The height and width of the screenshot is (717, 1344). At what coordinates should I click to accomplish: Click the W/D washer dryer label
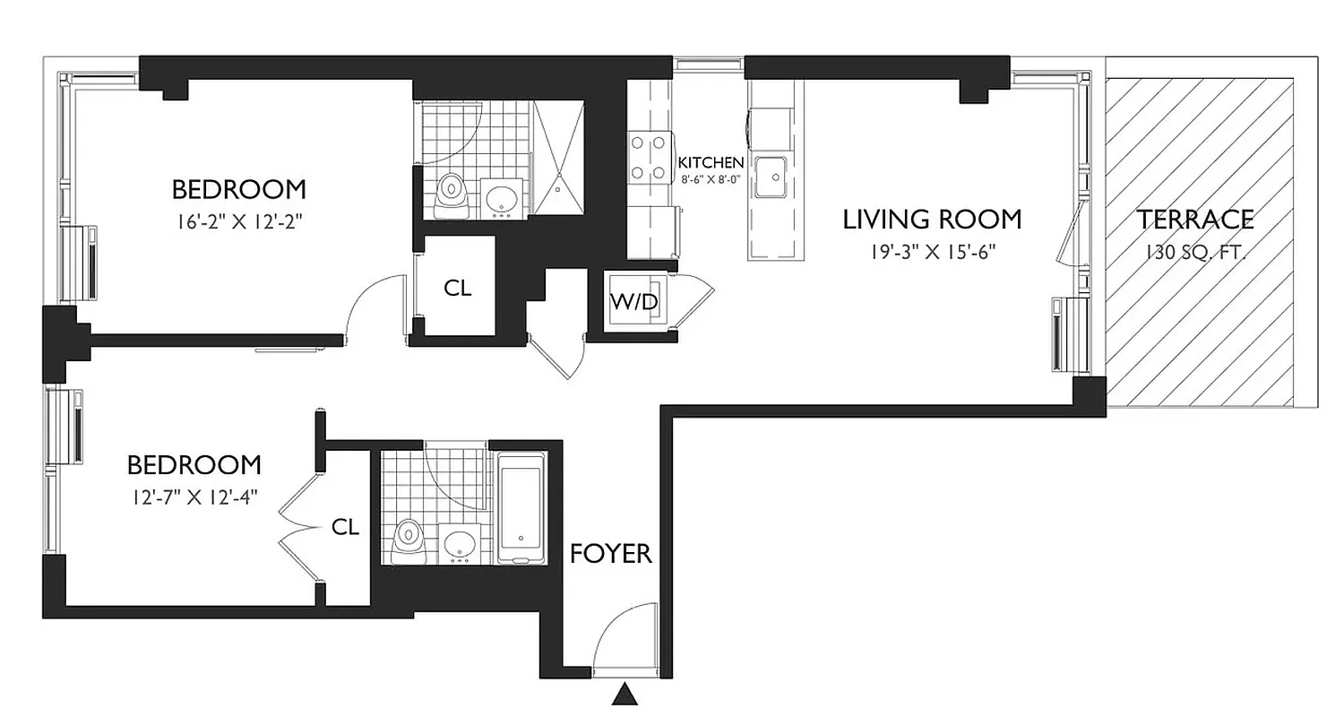click(x=634, y=302)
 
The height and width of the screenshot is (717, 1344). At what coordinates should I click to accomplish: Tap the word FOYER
click(x=611, y=554)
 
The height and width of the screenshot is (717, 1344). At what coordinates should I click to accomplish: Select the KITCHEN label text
click(x=711, y=162)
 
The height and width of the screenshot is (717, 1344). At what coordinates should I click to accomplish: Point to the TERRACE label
click(x=1195, y=220)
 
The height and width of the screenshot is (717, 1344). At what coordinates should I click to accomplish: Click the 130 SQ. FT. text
click(x=1195, y=253)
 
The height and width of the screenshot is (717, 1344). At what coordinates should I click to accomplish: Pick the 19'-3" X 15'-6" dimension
click(x=932, y=253)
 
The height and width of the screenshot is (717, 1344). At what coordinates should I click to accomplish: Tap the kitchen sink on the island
click(x=770, y=176)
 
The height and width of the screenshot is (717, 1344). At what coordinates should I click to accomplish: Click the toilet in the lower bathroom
click(x=409, y=540)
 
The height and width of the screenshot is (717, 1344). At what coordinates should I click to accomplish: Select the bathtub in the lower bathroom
click(x=521, y=509)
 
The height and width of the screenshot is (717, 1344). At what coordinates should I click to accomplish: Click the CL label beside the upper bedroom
click(x=458, y=289)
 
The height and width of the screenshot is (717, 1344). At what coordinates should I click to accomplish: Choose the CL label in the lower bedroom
click(x=345, y=527)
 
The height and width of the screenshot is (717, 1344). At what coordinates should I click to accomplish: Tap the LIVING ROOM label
click(x=932, y=220)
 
